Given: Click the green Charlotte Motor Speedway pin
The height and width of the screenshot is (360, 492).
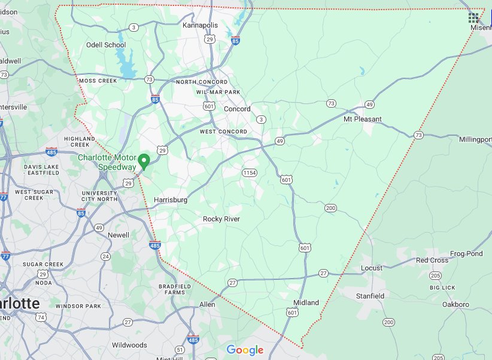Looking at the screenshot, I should (x=144, y=161).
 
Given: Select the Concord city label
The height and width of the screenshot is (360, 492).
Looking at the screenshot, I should (x=237, y=109).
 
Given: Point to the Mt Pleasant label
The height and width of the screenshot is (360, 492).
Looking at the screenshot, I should (x=362, y=119).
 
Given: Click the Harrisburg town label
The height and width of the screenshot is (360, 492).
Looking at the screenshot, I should (x=171, y=200).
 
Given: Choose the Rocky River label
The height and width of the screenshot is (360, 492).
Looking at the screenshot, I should (x=221, y=219).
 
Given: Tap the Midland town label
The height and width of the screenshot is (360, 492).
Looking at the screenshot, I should (x=306, y=302).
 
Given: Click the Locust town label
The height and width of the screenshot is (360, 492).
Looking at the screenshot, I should (x=371, y=268).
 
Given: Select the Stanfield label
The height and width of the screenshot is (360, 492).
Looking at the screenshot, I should (x=370, y=296).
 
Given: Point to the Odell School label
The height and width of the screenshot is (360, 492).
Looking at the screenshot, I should (x=106, y=45).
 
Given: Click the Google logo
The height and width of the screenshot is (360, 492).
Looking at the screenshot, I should (x=245, y=350).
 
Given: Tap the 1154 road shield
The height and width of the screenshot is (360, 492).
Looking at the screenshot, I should (x=250, y=173).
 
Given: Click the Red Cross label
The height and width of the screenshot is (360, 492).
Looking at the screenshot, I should (x=432, y=260).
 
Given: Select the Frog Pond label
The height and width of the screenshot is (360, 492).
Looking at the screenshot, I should (x=466, y=254).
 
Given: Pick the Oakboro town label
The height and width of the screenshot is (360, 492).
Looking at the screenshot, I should (x=455, y=304).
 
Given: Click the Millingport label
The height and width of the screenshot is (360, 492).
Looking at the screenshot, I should (x=475, y=139).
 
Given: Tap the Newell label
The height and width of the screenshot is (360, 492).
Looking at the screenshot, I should (x=118, y=235).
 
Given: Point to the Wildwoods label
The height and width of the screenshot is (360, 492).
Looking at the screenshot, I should (x=129, y=345).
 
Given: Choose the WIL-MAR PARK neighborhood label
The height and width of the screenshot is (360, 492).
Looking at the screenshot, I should (x=218, y=92).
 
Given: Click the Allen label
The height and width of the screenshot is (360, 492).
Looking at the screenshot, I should (x=207, y=304).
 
